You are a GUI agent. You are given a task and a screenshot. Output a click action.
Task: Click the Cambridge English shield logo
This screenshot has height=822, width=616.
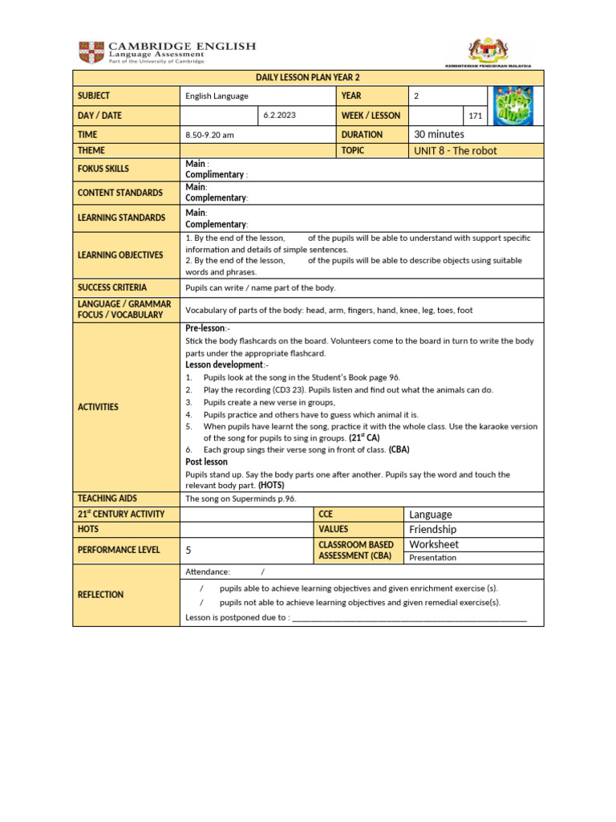pos(91,52)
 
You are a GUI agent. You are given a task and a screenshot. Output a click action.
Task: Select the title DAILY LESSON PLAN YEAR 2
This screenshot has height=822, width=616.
pos(308,77)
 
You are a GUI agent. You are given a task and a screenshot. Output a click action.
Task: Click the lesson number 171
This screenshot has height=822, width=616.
pos(476,116)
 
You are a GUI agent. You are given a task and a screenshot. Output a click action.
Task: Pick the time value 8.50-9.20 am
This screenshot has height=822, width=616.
pos(210,135)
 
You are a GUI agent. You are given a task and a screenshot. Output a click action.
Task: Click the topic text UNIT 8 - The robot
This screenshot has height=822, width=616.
pos(455,150)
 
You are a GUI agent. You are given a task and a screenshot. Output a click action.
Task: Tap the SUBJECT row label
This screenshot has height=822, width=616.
pos(94,96)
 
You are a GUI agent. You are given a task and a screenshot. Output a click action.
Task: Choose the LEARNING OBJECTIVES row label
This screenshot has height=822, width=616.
pos(120,254)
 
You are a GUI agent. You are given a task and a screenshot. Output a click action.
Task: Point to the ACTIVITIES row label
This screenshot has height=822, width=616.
pos(98,407)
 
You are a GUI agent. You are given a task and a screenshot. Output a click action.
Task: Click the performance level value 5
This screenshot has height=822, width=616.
pos(188,551)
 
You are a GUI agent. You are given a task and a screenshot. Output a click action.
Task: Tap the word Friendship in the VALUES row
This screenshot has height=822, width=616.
pos(432,530)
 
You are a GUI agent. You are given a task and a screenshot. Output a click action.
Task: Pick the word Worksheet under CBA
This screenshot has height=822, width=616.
pos(434,544)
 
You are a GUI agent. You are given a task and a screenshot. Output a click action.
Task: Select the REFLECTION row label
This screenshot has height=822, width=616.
pos(100,595)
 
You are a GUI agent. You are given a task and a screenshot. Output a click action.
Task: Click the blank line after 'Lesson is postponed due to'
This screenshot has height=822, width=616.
pos(409,618)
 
